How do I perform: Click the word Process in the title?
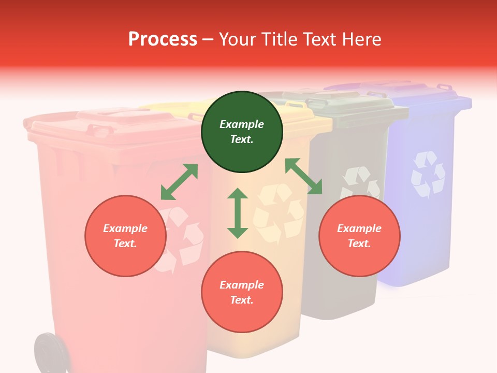click(x=163, y=39)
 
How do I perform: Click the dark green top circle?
click(x=242, y=132)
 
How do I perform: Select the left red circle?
click(x=125, y=236)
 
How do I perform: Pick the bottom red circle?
click(x=242, y=292)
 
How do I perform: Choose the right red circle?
click(x=359, y=236)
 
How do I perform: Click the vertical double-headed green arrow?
click(x=238, y=213)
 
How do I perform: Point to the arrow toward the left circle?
click(x=179, y=182)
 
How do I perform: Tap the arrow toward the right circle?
click(x=303, y=176)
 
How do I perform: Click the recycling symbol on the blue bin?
click(x=428, y=175)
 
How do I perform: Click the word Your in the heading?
click(x=238, y=39)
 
